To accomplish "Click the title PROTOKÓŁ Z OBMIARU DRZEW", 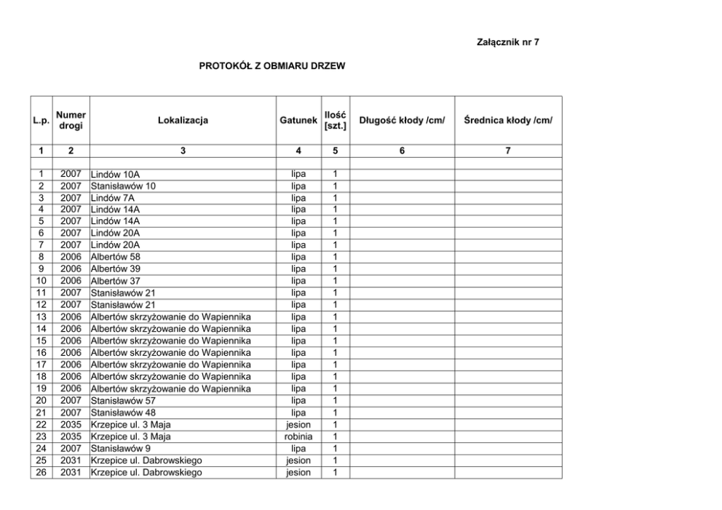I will [271, 66].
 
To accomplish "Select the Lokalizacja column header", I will [183, 121].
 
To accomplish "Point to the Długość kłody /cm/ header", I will [402, 121].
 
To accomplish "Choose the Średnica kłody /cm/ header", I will [508, 121].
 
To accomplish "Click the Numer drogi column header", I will [71, 121].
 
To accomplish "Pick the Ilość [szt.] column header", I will [335, 121].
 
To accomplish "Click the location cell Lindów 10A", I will [115, 175].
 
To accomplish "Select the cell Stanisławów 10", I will [122, 186].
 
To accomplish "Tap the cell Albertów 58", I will [115, 258].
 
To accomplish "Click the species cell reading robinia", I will [298, 437].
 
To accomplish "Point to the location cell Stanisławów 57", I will [122, 401].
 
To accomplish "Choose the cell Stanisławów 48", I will [122, 413].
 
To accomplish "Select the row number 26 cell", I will [41, 472].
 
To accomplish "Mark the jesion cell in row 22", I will [298, 425].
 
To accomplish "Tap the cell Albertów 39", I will [115, 269].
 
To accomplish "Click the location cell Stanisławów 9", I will [120, 448].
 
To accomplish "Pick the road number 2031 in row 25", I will [71, 461].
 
